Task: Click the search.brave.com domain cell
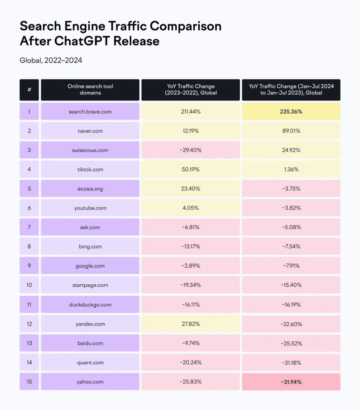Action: [90, 111]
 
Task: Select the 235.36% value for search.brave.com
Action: [291, 111]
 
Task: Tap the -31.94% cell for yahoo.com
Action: [291, 382]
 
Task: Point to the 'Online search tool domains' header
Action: [90, 90]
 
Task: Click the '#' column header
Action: [29, 90]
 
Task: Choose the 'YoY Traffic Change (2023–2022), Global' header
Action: [190, 90]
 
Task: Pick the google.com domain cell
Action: [90, 266]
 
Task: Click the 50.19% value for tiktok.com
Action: [190, 169]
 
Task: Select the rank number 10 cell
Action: [29, 285]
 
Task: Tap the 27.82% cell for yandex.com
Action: [190, 324]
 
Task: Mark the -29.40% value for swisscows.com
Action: [190, 150]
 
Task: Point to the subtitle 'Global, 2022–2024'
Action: [51, 60]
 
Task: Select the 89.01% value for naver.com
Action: [291, 131]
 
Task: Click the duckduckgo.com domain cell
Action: [90, 305]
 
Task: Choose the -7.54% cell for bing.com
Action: [291, 247]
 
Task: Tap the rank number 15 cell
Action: [29, 382]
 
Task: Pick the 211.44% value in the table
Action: [190, 111]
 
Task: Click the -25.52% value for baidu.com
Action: [291, 344]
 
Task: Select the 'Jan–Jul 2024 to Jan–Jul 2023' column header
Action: [291, 90]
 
